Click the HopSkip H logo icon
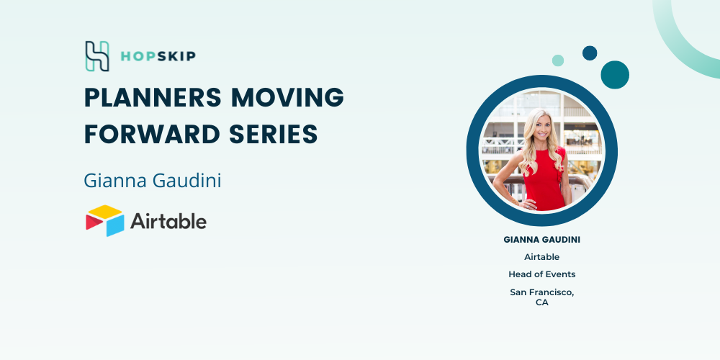coord(97,56)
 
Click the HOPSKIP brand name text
coord(158,56)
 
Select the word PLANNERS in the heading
coord(153,97)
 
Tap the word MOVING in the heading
coord(288,97)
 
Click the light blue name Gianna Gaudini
coord(153,181)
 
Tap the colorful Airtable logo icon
coord(104,221)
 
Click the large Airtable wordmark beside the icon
coord(168,221)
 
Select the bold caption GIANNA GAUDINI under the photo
coord(542,240)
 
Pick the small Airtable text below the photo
coord(542,257)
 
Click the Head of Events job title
coord(542,274)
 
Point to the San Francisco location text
coord(542,292)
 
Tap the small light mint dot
coord(558,60)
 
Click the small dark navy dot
coord(590,53)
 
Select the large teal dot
coord(615,75)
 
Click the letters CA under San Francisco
coord(542,303)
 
